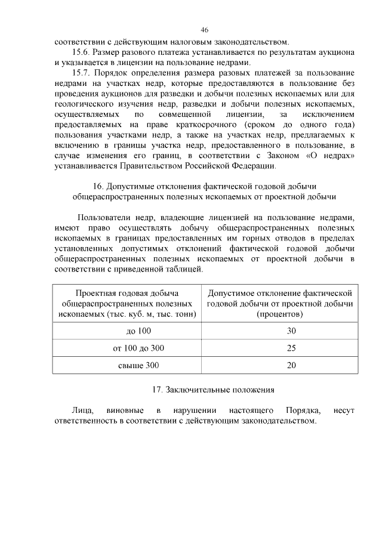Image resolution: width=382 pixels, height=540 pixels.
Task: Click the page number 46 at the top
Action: tap(204, 30)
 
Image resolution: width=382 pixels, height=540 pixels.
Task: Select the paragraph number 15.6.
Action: tap(81, 52)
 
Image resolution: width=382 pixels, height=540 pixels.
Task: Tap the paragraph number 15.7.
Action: tap(81, 73)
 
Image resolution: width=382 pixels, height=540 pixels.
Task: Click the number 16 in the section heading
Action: tap(98, 186)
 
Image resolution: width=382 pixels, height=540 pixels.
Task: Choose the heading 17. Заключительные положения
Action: tap(213, 390)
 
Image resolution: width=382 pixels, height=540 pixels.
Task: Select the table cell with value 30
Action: tap(291, 331)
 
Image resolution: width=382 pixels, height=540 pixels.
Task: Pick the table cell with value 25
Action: tap(291, 348)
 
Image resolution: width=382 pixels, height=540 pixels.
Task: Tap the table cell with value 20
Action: tap(291, 365)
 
